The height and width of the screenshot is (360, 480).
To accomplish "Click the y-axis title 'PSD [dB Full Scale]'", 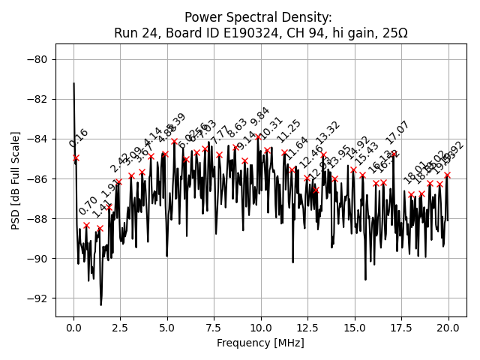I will (16, 180).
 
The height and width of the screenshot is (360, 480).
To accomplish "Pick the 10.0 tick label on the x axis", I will (261, 328).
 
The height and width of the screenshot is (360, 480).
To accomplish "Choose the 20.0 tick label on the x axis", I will (448, 328).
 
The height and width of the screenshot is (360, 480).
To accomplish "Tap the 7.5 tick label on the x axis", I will (214, 328).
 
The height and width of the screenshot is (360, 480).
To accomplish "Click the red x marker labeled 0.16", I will (76, 157).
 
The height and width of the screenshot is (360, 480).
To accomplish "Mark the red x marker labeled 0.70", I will (86, 225).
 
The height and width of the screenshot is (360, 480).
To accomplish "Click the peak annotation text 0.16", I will (79, 138).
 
